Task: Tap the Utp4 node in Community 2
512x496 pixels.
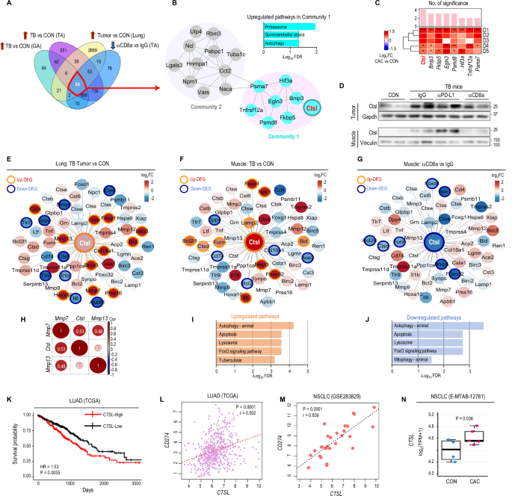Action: coord(194,24)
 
